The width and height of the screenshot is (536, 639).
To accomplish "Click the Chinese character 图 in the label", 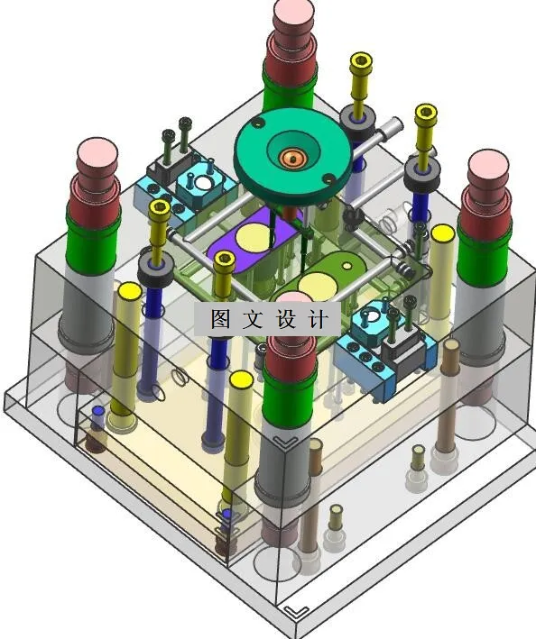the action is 221,319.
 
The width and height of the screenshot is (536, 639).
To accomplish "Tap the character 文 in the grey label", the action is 253,319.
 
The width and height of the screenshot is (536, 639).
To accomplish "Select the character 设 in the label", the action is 286,319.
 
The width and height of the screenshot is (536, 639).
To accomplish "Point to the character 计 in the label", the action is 319,319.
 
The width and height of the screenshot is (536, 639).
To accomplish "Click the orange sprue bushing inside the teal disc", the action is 292,157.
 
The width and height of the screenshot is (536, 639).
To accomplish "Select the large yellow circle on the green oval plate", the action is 318,286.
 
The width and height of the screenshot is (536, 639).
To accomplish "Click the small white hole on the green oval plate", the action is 347,266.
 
